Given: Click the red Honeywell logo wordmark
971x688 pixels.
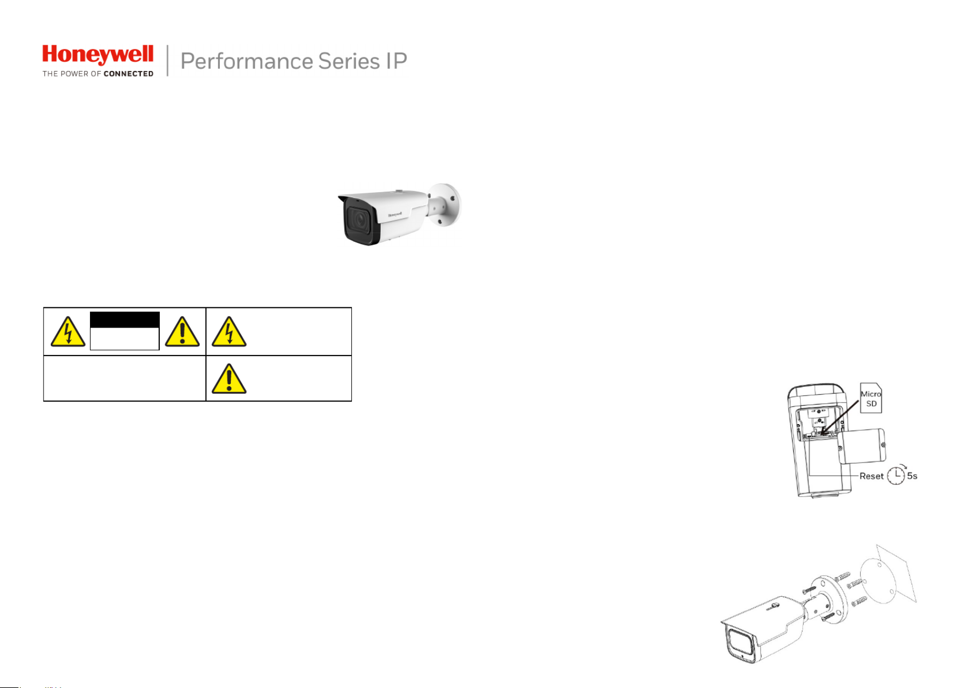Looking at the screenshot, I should point(98,55).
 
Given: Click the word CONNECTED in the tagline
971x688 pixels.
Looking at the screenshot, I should point(128,74).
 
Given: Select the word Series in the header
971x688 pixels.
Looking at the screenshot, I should point(349,61).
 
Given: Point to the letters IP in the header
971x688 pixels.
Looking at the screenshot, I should point(396,61).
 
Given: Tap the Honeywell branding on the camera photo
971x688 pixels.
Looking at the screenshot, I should point(395,214).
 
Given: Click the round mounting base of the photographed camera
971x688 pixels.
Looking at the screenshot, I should point(446,205).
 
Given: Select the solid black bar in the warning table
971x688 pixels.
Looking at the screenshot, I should point(124,320).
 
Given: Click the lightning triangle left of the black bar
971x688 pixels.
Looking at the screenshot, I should point(68,332).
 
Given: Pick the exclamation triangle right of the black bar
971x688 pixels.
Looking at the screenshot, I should point(182,332).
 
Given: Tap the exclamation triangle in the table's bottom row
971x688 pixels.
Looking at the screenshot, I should point(229,379).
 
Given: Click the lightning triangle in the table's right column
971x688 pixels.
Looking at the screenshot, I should point(229,332).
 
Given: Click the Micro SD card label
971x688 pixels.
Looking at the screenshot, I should point(871,399).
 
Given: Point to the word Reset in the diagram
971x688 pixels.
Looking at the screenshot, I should point(871,476).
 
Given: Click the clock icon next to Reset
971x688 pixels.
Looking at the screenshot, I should point(896,476).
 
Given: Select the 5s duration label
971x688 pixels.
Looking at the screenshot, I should point(912,476).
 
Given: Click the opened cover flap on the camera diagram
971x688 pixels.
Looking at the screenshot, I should point(862,446).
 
